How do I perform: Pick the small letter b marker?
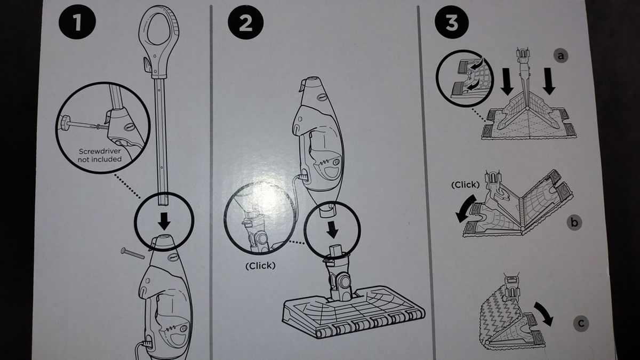[x=574, y=223]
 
